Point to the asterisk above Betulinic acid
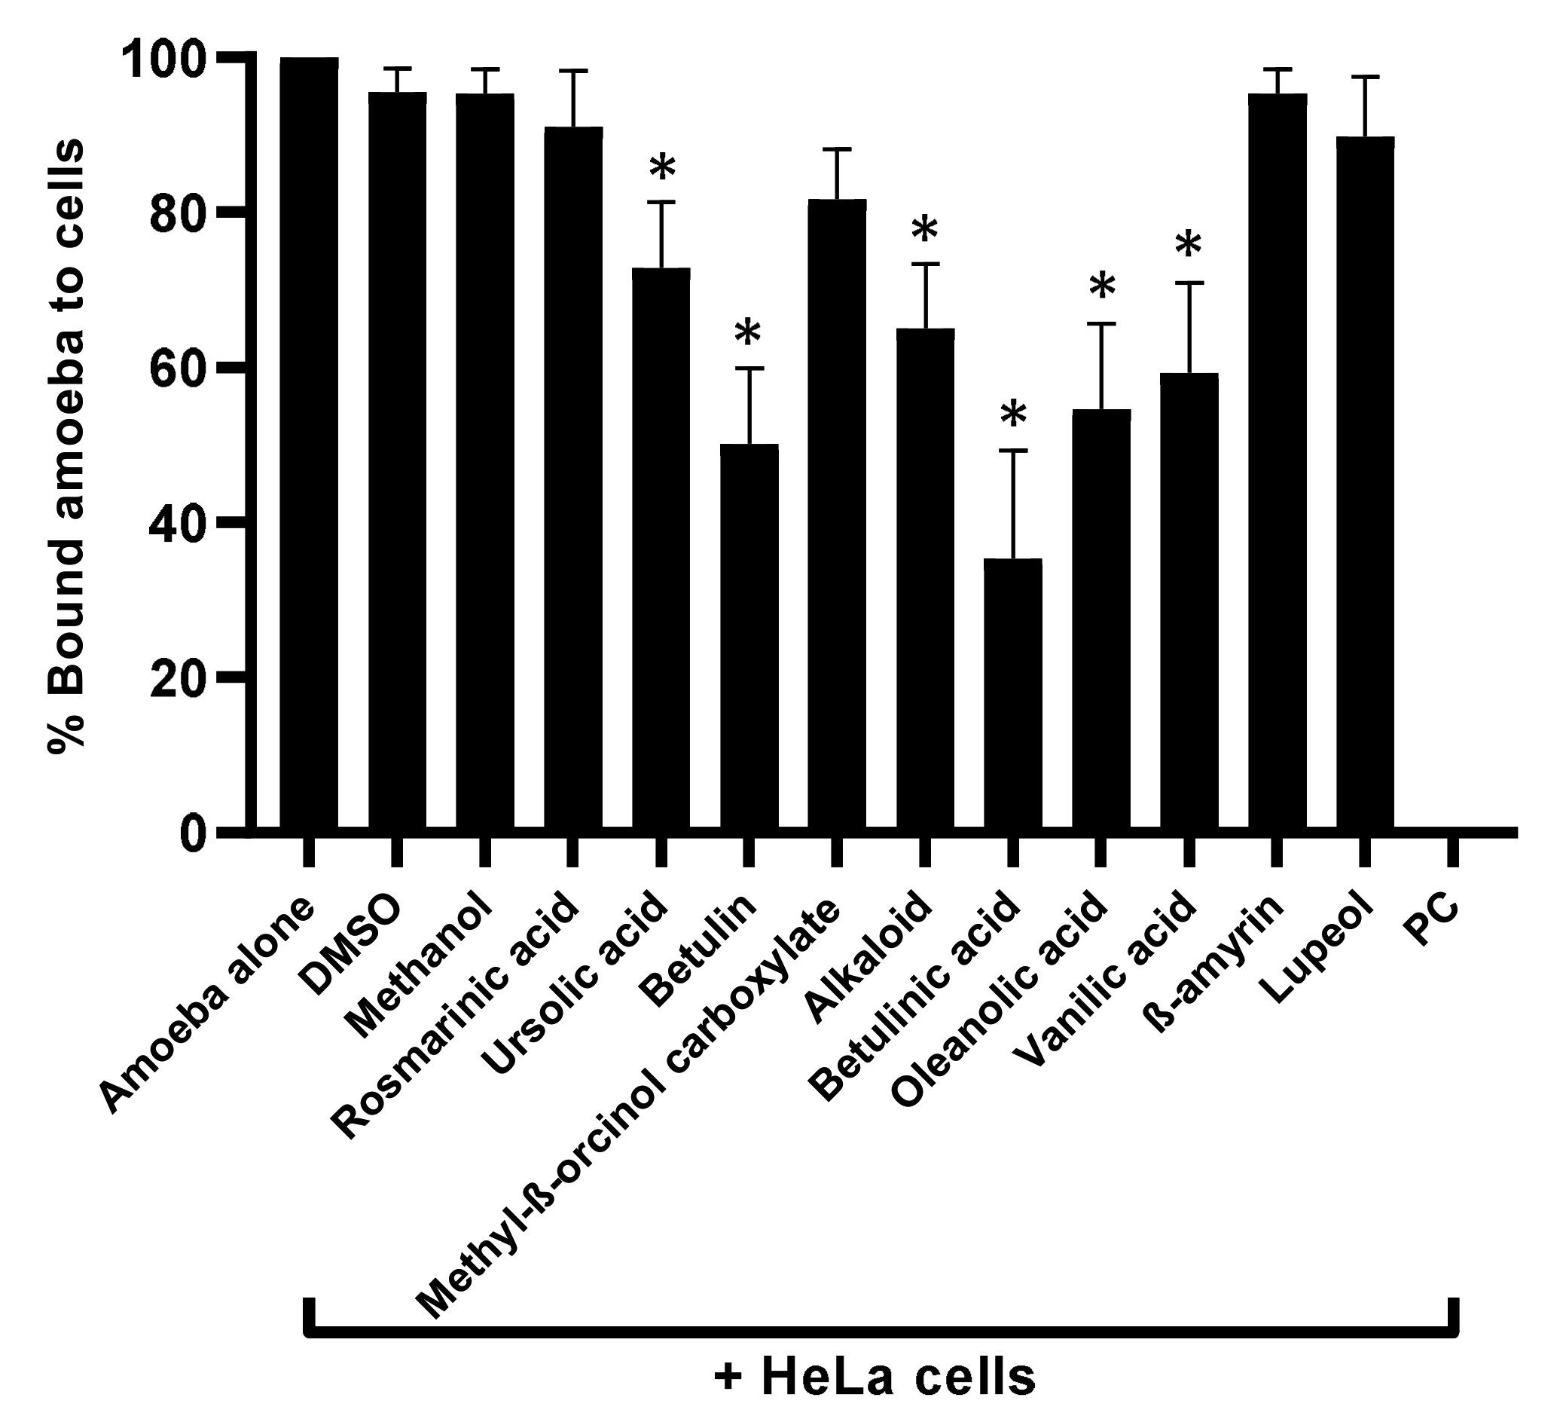tap(1012, 415)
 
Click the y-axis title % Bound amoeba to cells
tap(66, 446)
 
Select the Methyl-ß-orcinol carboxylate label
tap(628, 1109)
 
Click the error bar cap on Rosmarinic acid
tap(573, 71)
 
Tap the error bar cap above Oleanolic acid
tap(1101, 323)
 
